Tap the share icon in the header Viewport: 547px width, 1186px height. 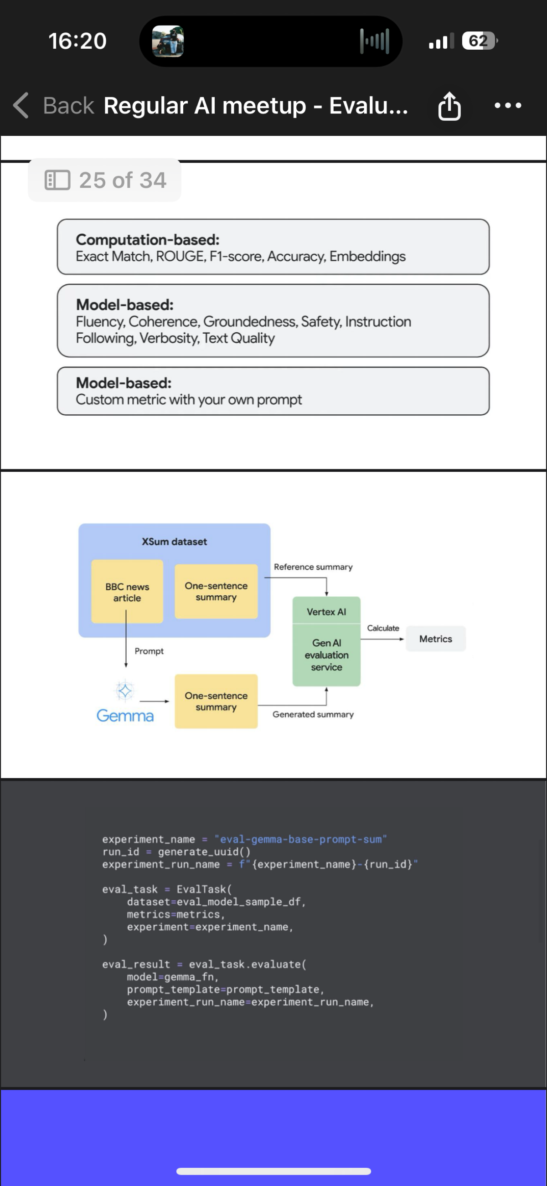(x=449, y=106)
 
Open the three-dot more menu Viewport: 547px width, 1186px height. (x=507, y=105)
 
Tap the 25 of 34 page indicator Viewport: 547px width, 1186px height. (x=104, y=180)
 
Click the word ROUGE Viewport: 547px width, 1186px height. (x=181, y=257)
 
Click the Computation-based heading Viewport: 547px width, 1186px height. (x=147, y=239)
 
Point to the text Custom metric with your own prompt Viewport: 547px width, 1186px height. (x=189, y=399)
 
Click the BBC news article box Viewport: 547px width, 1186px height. (x=127, y=592)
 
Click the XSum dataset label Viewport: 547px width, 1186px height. (x=174, y=541)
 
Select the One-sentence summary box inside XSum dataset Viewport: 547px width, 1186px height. (x=216, y=591)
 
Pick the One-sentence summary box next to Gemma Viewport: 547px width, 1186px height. (x=216, y=701)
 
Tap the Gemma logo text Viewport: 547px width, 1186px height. (x=125, y=716)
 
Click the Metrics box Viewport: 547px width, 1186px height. (x=436, y=639)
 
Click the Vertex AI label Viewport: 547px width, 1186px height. (x=326, y=611)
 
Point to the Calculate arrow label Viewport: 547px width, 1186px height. (x=383, y=628)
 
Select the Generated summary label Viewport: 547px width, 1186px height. (x=313, y=714)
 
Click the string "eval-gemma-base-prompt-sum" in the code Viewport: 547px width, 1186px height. (x=300, y=839)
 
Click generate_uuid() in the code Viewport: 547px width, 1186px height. (x=204, y=852)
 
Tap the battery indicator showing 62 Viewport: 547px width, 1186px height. (x=480, y=41)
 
